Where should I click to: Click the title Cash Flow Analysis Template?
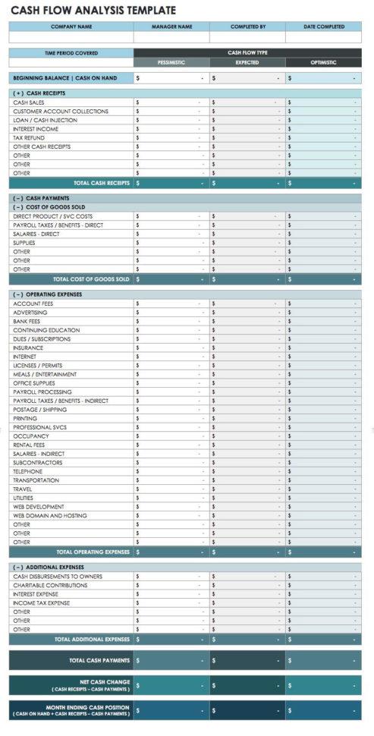click(x=93, y=10)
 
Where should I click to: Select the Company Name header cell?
click(x=71, y=27)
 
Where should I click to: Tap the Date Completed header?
click(x=324, y=27)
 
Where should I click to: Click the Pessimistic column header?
click(x=171, y=62)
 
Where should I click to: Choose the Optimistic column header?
click(x=323, y=62)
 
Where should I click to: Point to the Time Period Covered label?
click(x=71, y=53)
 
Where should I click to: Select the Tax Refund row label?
click(x=28, y=138)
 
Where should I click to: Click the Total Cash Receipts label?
click(x=101, y=183)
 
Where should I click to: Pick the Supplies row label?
click(x=24, y=243)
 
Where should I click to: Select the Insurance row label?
click(x=28, y=348)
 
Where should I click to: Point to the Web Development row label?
click(x=39, y=506)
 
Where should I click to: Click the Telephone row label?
click(x=28, y=471)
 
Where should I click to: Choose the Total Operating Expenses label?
click(x=93, y=552)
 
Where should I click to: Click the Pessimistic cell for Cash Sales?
click(x=171, y=102)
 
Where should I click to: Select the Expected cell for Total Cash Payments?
click(x=247, y=661)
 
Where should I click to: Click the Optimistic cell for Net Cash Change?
click(x=323, y=686)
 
